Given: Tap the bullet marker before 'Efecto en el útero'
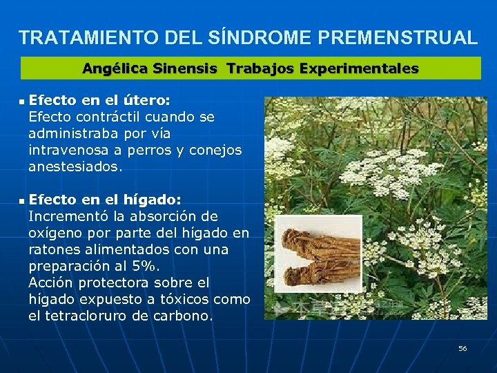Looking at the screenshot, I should (21, 102).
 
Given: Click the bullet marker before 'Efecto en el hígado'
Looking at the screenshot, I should (21, 201).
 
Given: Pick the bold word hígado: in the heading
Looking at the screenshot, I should (152, 200).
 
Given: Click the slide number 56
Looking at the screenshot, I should (462, 349).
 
